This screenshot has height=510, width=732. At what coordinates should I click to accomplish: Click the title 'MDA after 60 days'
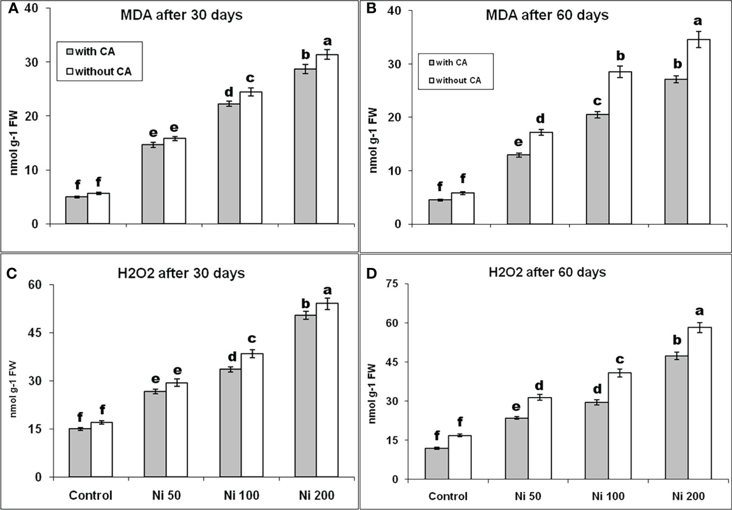coord(547,15)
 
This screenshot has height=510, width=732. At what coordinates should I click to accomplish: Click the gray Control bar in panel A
coord(76,210)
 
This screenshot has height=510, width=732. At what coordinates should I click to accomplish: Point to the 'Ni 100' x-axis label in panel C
coord(241,496)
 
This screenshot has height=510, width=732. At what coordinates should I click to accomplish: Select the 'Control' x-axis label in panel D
coord(448,497)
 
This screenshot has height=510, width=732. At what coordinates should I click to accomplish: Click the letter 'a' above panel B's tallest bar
coord(698,21)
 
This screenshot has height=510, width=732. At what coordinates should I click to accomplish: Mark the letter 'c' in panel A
coord(251,78)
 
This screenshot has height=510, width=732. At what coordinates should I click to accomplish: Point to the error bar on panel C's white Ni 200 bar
coord(327,304)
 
